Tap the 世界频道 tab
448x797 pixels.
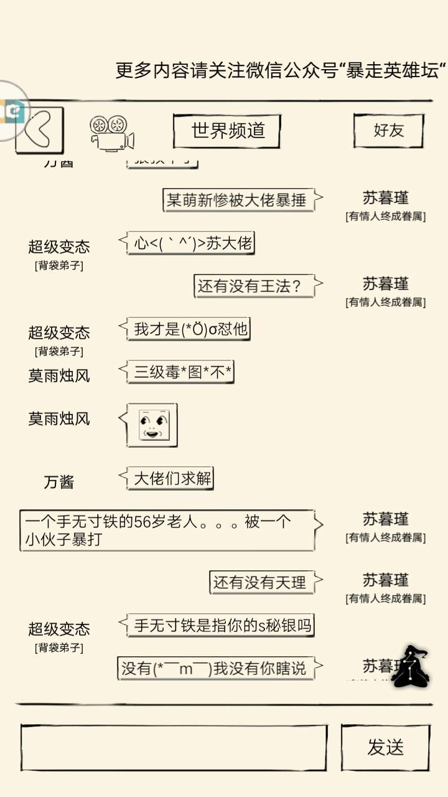[x=227, y=131]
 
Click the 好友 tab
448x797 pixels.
[x=388, y=130]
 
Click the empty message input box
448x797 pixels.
[x=174, y=748]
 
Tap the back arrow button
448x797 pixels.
[x=40, y=130]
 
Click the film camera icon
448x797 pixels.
[x=112, y=133]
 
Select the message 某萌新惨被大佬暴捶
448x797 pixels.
[x=238, y=200]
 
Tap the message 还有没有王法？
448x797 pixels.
[x=254, y=286]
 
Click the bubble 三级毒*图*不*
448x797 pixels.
[x=182, y=372]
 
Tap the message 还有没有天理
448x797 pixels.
[x=261, y=582]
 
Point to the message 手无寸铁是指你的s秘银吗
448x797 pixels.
[x=222, y=625]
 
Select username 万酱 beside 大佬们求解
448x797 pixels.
[x=59, y=481]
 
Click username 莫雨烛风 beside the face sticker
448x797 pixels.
[x=59, y=418]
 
